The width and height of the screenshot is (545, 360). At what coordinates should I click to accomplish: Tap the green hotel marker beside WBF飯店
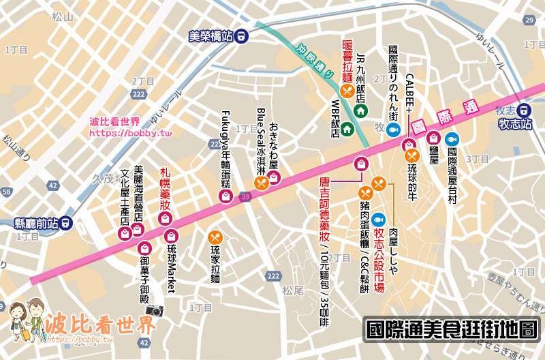pyautogui.click(x=347, y=128)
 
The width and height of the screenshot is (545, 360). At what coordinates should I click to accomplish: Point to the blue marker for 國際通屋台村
pyautogui.click(x=451, y=138)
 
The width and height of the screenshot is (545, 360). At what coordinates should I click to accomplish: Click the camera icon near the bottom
pyautogui.click(x=155, y=310)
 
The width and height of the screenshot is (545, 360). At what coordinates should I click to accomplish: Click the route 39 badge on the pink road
pyautogui.click(x=245, y=196)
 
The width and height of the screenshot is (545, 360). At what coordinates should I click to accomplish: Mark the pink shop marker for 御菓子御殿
pyautogui.click(x=144, y=247)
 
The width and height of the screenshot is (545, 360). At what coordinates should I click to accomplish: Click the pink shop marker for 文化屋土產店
pyautogui.click(x=125, y=234)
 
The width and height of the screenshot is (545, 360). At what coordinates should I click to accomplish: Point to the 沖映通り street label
pyautogui.click(x=314, y=61)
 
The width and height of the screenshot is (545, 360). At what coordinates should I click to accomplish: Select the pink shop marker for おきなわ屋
pyautogui.click(x=273, y=178)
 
